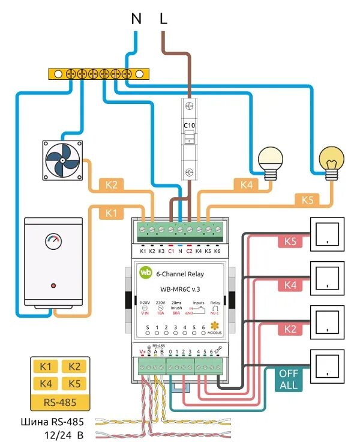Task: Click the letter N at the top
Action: (136, 19)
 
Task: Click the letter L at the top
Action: (163, 19)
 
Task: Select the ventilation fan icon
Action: (62, 160)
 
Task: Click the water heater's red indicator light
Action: (53, 285)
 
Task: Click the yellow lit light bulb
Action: (331, 162)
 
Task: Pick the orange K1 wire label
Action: (110, 212)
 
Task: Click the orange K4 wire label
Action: (246, 185)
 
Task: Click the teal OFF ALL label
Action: (289, 379)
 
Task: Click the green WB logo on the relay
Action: (146, 271)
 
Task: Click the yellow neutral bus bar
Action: (99, 74)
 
